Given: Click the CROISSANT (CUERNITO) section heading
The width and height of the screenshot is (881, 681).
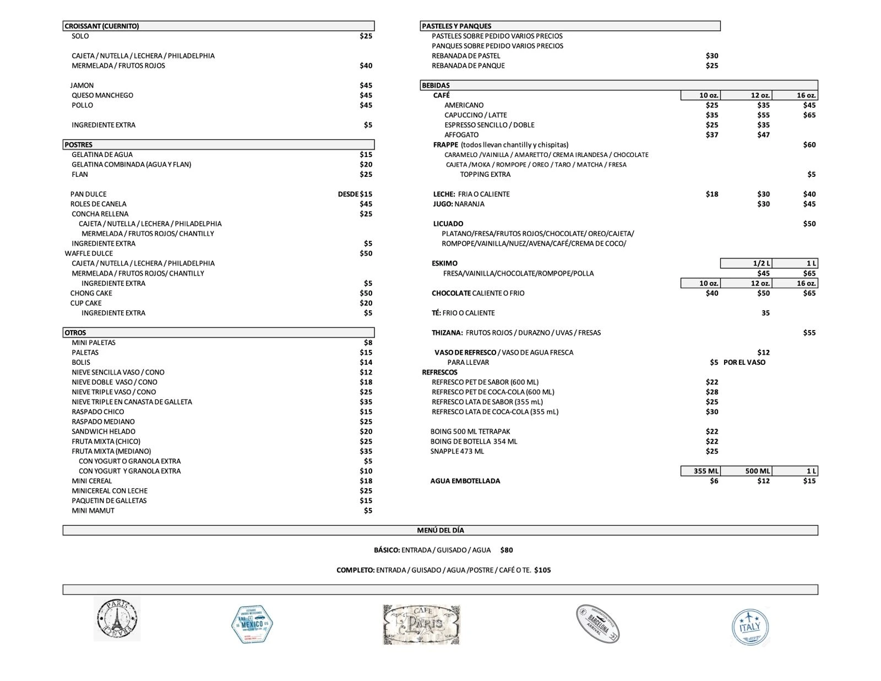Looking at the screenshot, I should (x=102, y=26).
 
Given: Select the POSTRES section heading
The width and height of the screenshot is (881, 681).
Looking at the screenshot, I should (x=79, y=145).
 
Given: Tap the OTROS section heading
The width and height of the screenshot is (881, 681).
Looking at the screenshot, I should (x=75, y=333).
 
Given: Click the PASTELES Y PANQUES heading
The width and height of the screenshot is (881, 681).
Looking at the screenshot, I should (x=456, y=26).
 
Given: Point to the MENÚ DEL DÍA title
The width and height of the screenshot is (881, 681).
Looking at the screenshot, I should (x=440, y=530).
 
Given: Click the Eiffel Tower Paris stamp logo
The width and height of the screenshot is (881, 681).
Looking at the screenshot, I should (x=117, y=619).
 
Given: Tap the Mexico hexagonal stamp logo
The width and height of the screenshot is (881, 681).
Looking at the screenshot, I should (x=252, y=624).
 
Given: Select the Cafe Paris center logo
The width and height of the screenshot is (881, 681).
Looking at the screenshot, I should (x=422, y=624).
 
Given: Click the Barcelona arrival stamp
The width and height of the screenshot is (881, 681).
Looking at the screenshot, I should (x=598, y=624).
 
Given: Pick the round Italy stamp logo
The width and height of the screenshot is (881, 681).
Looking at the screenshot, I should (x=750, y=627).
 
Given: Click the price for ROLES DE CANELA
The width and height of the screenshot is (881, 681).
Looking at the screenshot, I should (x=366, y=204).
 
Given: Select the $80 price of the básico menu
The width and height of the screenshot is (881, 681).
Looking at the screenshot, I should (x=507, y=550).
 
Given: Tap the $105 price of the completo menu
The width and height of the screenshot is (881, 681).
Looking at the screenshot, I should (x=542, y=570).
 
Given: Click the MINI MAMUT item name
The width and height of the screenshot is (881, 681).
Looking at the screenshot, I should (x=93, y=511).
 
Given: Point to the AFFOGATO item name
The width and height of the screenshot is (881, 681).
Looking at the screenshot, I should (x=461, y=135).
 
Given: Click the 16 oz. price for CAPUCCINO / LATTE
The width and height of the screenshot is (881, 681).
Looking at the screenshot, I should (x=809, y=115).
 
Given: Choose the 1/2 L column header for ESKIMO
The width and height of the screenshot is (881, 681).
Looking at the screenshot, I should (x=762, y=263).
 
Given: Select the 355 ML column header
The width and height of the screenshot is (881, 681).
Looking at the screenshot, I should (x=706, y=471).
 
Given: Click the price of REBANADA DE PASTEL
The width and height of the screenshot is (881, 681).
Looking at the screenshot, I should (x=712, y=56).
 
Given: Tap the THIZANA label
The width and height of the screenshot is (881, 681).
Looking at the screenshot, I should (x=447, y=333).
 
